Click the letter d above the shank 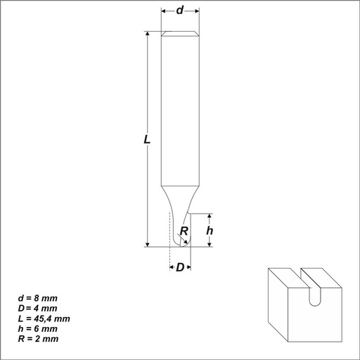(180, 11)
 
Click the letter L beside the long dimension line (147, 140)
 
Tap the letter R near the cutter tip (184, 231)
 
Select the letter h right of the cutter (210, 231)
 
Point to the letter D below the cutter (180, 267)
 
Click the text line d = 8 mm (38, 298)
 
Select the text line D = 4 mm (38, 309)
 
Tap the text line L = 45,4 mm (44, 319)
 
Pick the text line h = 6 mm (38, 329)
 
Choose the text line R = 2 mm (38, 339)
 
